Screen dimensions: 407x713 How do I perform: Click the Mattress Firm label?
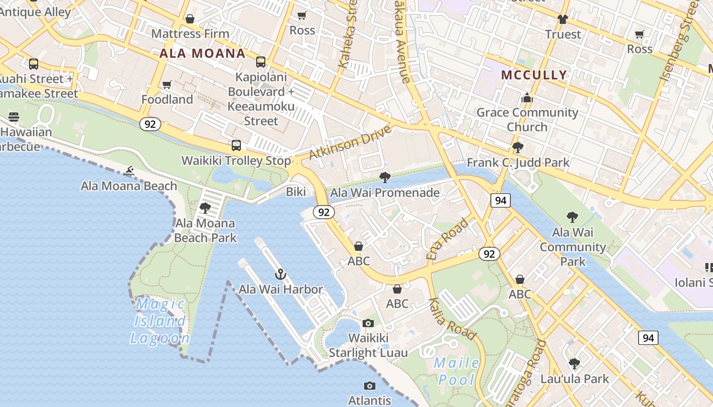pos(190,34)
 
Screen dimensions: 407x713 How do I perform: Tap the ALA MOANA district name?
pos(202,53)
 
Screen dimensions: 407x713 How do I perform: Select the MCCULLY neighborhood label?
pos(534,75)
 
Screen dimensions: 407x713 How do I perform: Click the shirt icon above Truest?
pos(562,19)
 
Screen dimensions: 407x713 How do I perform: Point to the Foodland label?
pos(167,99)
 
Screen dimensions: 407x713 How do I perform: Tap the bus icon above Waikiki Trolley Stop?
pos(236,146)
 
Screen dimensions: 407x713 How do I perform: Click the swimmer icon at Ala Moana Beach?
pos(129,171)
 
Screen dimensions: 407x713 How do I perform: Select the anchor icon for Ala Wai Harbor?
pos(280,275)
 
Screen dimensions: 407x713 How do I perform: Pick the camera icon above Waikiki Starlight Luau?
pos(368,323)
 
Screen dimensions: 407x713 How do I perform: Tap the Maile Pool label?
pos(457,371)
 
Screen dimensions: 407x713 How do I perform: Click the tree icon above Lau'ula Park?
pos(574,364)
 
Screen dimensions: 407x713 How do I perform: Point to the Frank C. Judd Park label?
pos(518,163)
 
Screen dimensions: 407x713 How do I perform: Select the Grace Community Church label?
pos(527,119)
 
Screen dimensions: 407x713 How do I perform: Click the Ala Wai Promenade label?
pos(385,193)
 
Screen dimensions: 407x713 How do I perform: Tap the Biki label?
pos(296,192)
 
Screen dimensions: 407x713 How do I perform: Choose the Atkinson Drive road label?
pos(350,142)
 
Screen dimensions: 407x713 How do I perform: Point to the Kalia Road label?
pos(452,319)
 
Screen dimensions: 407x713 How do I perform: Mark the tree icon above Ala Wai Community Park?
pos(572,217)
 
